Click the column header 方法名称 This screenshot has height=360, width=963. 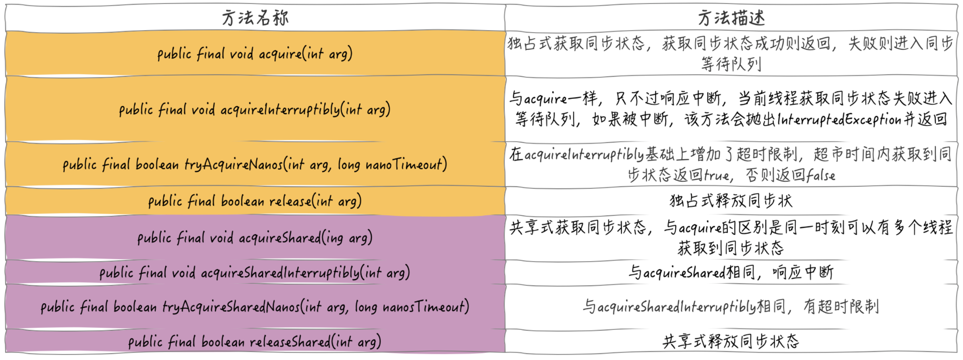click(x=255, y=18)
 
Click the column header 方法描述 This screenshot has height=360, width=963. click(x=731, y=18)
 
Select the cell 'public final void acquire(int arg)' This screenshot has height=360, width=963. click(x=255, y=54)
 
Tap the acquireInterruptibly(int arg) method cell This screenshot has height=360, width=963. click(x=255, y=109)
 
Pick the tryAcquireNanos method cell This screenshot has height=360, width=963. click(x=255, y=164)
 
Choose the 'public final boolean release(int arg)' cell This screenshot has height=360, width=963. click(x=255, y=201)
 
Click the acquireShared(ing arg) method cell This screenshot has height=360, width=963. click(x=255, y=237)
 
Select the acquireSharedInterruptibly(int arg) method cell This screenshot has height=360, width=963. click(x=255, y=273)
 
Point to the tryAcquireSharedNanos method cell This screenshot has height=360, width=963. click(x=255, y=306)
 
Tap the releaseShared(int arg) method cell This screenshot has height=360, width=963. click(x=255, y=342)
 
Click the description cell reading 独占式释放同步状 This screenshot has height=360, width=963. click(x=731, y=201)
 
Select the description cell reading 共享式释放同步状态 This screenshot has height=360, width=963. click(x=731, y=341)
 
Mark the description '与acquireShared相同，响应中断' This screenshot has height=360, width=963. click(x=731, y=273)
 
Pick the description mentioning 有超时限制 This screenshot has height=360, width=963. click(x=731, y=306)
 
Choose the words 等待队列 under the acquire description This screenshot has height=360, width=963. click(x=731, y=64)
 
